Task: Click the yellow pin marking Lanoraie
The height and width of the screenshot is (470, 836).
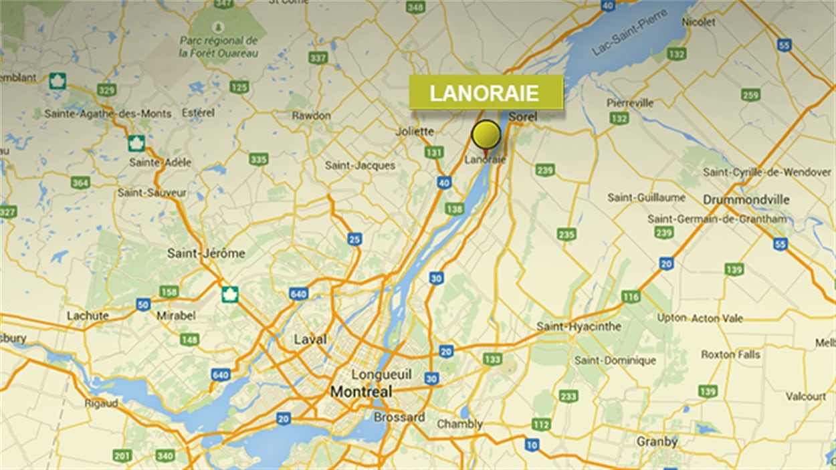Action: tap(486, 135)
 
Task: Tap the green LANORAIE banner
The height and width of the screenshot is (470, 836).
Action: tap(486, 93)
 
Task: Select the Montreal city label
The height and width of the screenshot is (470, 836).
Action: tap(361, 391)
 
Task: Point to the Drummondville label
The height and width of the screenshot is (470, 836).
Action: tap(746, 200)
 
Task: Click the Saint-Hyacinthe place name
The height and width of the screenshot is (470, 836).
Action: tap(579, 327)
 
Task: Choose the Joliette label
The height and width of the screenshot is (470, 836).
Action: tap(415, 132)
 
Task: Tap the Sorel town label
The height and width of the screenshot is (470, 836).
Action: tap(523, 117)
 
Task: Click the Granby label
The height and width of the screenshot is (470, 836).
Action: tap(657, 442)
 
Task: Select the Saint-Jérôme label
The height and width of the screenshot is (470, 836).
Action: tap(206, 253)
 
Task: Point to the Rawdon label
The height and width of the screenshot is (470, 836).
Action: tap(311, 116)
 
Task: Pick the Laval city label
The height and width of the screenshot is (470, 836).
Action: tap(310, 340)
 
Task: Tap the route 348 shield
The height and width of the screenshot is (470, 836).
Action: tap(415, 7)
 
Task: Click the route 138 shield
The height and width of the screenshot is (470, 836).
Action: tap(454, 209)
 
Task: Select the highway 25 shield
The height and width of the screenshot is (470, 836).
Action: tap(354, 239)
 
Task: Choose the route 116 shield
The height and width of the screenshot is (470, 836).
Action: tap(631, 297)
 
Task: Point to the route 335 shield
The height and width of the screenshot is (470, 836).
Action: tap(258, 159)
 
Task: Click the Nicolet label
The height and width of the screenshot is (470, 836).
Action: tap(698, 22)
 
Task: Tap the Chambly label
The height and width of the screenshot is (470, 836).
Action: tap(459, 425)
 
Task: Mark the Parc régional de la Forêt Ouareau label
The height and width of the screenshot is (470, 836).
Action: tap(219, 46)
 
